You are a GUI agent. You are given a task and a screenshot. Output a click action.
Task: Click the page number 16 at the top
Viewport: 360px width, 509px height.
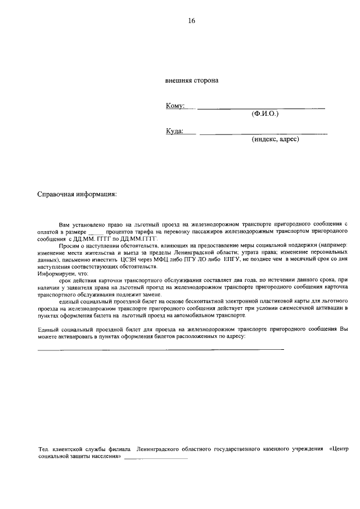coord(191,21)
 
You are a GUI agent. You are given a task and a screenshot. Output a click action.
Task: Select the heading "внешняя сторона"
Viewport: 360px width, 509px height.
coord(192,80)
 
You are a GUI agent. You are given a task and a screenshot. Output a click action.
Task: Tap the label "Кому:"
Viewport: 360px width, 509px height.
coord(175,106)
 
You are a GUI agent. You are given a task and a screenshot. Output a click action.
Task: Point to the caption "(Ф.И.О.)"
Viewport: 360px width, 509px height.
coord(265,114)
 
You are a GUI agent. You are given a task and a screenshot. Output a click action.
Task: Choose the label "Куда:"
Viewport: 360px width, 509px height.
coord(174,131)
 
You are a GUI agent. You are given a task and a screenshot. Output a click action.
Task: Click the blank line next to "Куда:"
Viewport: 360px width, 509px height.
coord(263,133)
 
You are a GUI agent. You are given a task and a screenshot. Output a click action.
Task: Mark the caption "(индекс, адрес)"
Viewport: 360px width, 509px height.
coord(275,139)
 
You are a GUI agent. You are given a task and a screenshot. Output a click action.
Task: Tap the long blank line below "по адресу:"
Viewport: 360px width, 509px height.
coord(160,349)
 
